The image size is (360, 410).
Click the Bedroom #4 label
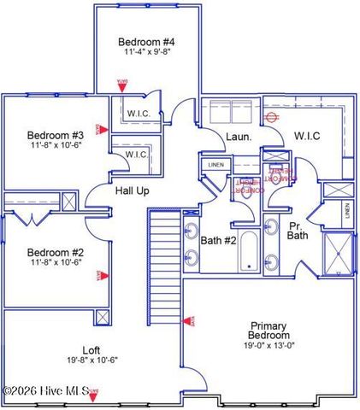(146, 41)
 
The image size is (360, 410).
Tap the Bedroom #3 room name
(55, 135)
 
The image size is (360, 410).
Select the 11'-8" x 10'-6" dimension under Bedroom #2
(55, 262)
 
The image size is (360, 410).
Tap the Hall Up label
(133, 190)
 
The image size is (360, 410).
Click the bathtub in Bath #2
(248, 251)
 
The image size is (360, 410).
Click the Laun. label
(237, 137)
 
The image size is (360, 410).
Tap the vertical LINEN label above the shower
(346, 212)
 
